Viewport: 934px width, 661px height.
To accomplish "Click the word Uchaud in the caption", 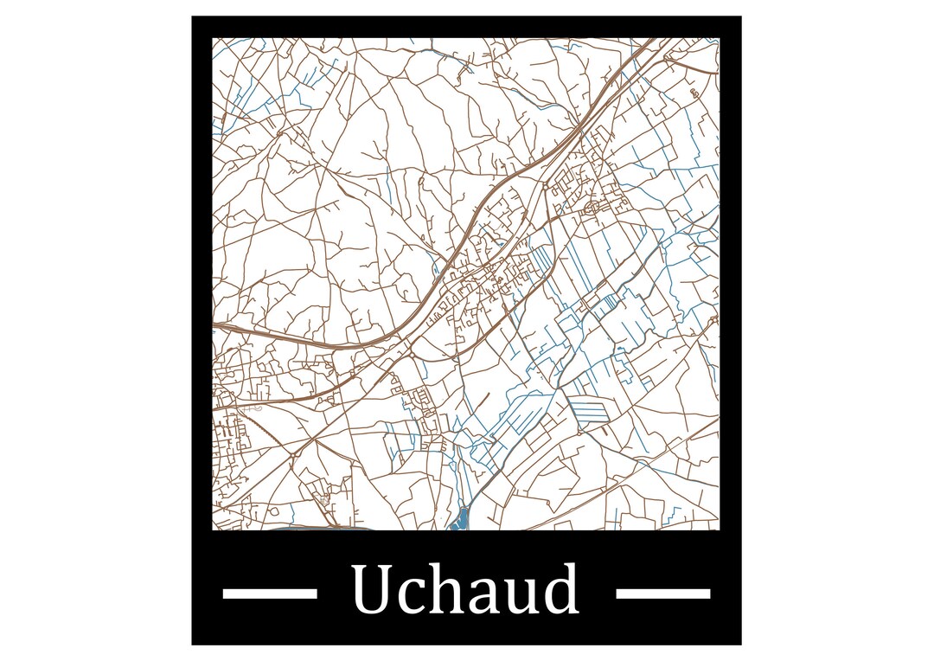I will [x=464, y=590].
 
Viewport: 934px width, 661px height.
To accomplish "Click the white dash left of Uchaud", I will [x=270, y=594].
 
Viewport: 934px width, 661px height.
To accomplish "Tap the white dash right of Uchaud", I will [x=662, y=594].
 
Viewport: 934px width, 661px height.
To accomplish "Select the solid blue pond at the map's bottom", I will [x=459, y=520].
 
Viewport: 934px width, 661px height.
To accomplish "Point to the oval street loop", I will [x=593, y=208].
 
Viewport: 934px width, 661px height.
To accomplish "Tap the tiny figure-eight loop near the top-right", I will [x=694, y=92].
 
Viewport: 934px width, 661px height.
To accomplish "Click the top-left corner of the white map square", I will [x=213, y=38].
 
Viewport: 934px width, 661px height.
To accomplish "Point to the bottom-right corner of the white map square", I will [x=719, y=529].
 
